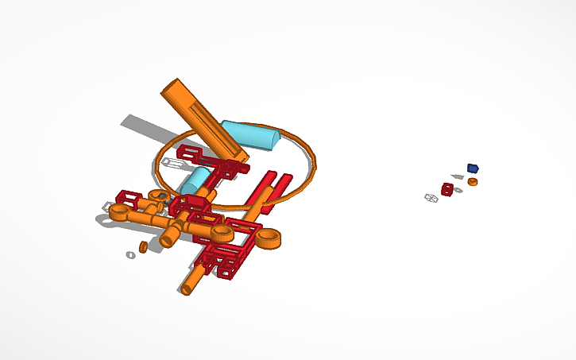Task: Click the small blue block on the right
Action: (x=473, y=168)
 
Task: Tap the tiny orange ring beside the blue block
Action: (x=473, y=182)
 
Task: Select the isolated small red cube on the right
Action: (x=448, y=189)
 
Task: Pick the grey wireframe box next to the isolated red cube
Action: (x=431, y=198)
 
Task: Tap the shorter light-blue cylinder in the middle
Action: (x=194, y=180)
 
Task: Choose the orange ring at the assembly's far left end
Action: (x=120, y=212)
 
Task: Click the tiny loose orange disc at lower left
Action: (x=144, y=247)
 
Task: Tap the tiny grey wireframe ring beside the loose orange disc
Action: (x=130, y=255)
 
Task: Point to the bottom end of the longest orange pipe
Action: (x=187, y=288)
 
